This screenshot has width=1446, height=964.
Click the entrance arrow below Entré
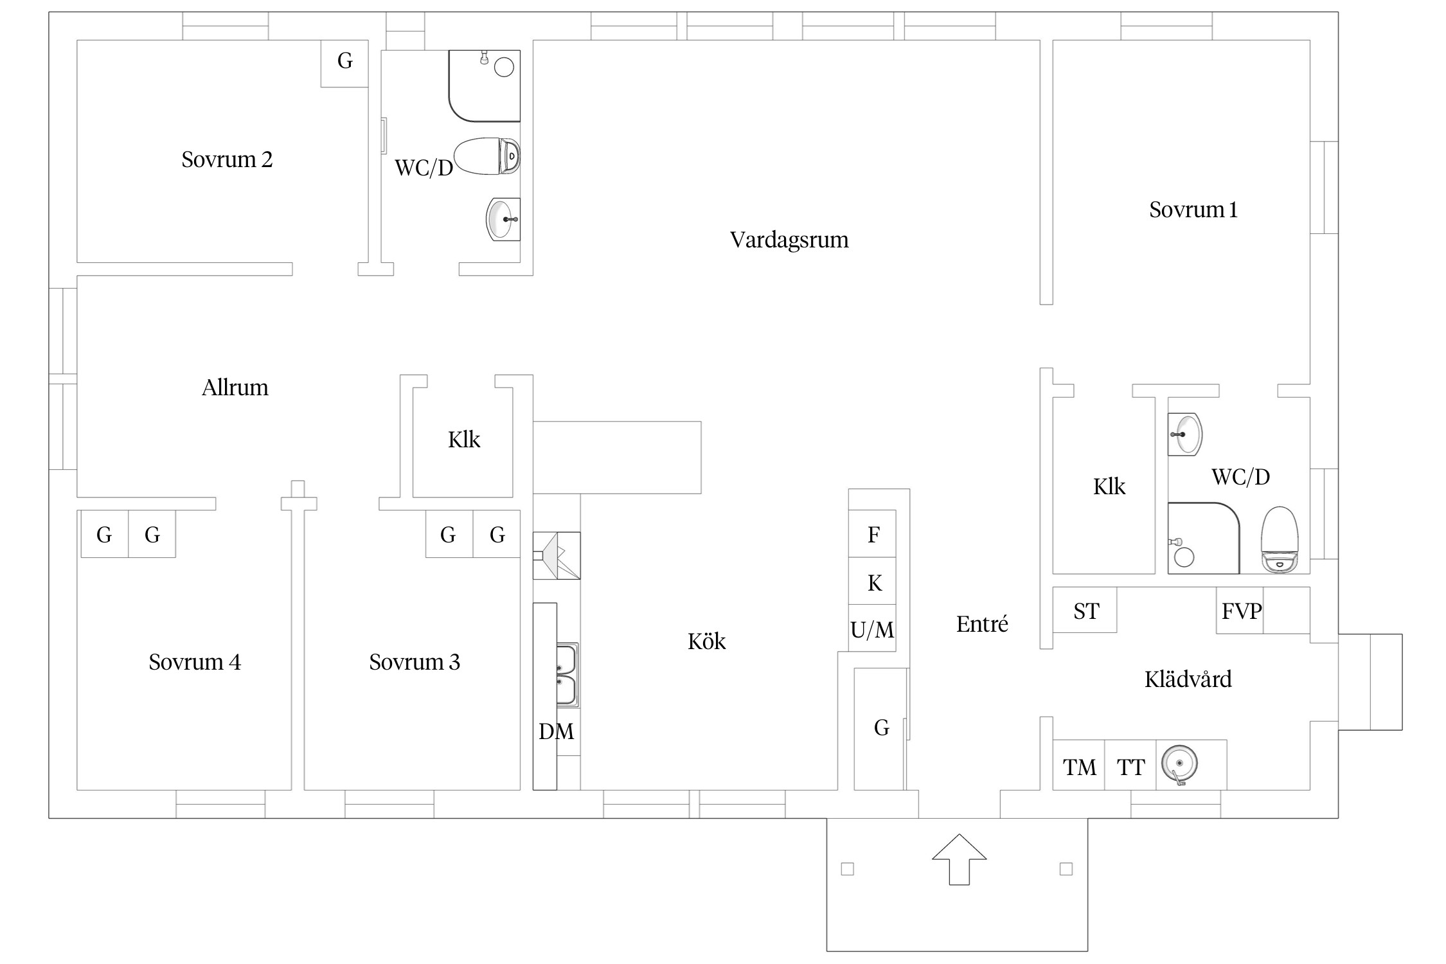click(x=959, y=859)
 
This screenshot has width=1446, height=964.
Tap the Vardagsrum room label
click(x=789, y=240)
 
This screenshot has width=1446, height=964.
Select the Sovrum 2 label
click(x=227, y=159)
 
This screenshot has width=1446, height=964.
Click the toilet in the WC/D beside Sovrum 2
click(x=486, y=156)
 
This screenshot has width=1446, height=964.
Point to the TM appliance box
click(x=1079, y=767)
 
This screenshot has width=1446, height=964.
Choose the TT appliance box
click(x=1130, y=767)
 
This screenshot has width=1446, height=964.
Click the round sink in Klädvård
click(x=1179, y=765)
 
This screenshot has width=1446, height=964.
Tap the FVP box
click(x=1240, y=611)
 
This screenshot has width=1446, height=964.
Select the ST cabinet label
click(x=1085, y=611)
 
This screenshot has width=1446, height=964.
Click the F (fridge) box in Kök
click(x=873, y=534)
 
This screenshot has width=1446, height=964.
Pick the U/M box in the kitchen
click(x=872, y=630)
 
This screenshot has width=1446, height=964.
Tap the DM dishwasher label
click(x=556, y=731)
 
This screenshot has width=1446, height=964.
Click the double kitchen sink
click(x=567, y=675)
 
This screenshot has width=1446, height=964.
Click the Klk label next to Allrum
click(x=463, y=440)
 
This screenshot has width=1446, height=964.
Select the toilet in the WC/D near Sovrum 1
click(x=1280, y=540)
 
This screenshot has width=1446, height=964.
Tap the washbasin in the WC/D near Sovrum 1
click(x=1185, y=434)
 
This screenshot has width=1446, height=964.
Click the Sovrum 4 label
click(x=195, y=662)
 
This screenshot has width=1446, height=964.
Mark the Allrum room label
click(x=235, y=388)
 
